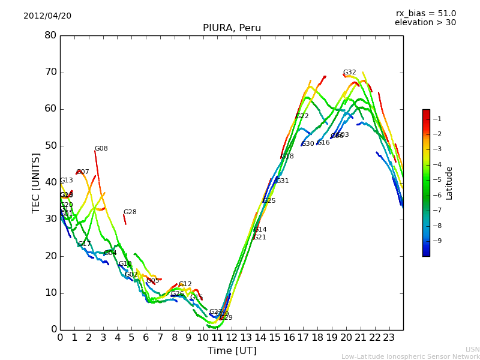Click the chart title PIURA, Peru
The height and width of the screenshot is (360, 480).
pos(232,28)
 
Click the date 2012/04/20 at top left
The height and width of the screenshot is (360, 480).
pos(47,16)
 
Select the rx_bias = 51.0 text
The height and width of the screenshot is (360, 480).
pos(425,13)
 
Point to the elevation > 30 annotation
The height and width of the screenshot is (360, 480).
pos(425,23)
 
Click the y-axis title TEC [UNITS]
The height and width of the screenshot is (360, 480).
pos(36,182)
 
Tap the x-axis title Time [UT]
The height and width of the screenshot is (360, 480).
pos(232,350)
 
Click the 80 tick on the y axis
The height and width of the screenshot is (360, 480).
pos(50,35)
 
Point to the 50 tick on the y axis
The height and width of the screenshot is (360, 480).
pos(50,146)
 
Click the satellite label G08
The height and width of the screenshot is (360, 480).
pos(101,149)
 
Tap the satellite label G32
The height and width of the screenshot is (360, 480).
pos(349,73)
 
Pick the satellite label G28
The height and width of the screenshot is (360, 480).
pos(130,212)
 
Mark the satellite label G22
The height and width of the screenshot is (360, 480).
pos(302,116)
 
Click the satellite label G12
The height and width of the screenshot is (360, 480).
pos(185,284)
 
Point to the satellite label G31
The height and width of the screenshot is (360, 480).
pos(282,181)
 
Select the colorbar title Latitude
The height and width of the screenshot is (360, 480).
pos(449,182)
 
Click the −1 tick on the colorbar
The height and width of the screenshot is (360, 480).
pos(437,119)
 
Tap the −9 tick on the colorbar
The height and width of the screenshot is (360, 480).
pos(437,241)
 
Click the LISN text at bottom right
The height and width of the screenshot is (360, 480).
pos(472,349)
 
